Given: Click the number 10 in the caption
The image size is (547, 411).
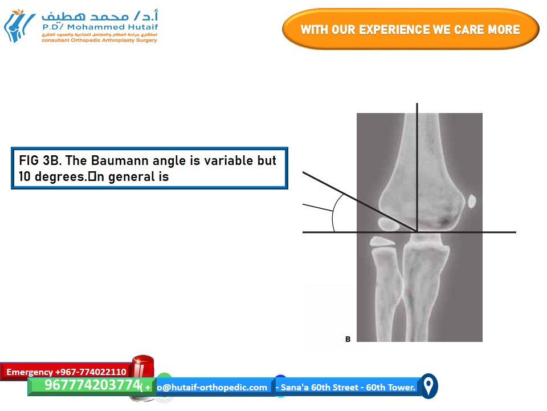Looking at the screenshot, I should [25, 176].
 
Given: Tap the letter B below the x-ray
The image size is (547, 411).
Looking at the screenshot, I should [348, 339].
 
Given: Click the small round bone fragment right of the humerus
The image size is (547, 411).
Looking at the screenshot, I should [471, 201].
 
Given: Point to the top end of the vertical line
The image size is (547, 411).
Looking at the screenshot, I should [417, 104].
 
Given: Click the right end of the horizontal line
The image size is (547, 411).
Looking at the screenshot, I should [515, 232].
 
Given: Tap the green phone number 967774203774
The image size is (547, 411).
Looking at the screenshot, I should [92, 385].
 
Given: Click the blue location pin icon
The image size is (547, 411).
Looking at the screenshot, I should [428, 386].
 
